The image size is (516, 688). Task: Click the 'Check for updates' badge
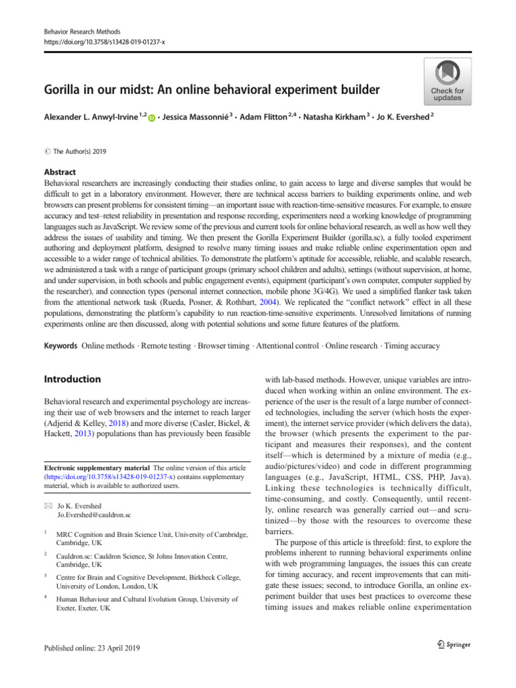point(446,81)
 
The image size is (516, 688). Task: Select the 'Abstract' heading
point(60,171)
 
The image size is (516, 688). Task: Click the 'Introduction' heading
point(72,380)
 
